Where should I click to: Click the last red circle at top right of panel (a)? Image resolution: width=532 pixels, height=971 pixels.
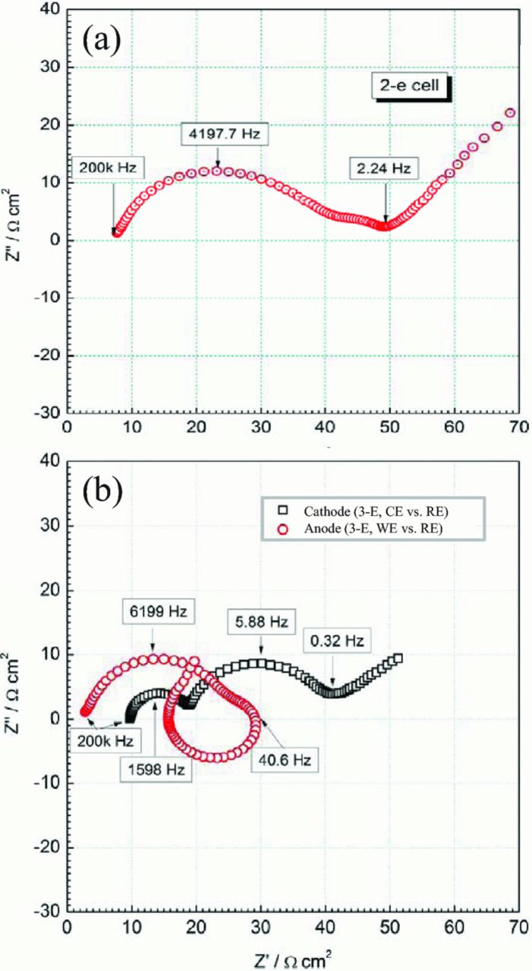tap(510, 113)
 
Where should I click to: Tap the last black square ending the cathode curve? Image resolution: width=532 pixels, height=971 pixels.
tap(397, 658)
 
